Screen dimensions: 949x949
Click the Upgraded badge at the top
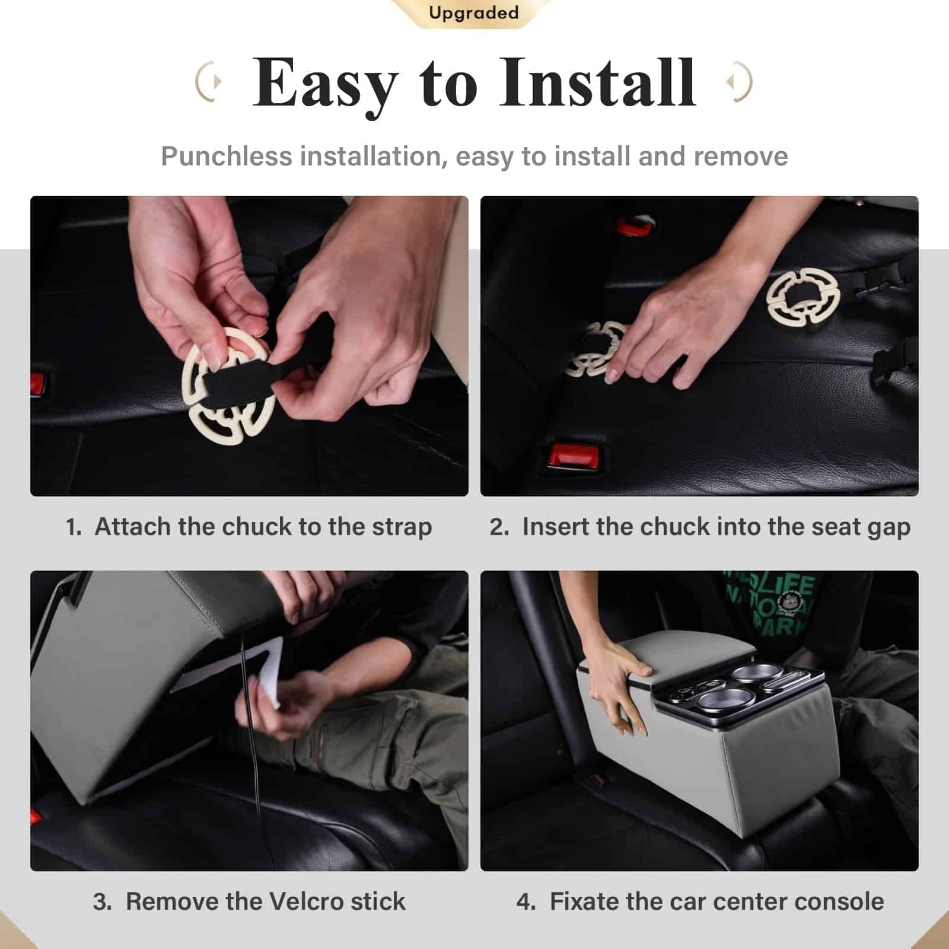click(x=473, y=13)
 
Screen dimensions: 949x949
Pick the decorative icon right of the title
click(x=740, y=81)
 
